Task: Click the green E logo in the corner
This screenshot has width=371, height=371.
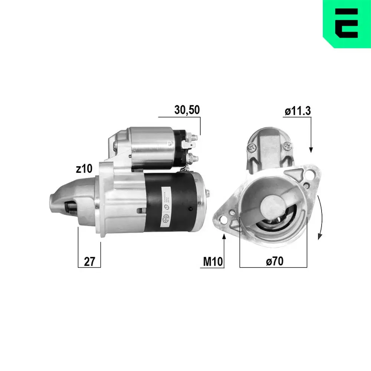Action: click(x=347, y=23)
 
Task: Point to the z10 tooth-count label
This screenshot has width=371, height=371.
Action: click(x=84, y=169)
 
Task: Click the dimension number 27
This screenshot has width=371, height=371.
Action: click(x=89, y=262)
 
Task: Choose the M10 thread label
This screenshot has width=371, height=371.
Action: click(x=213, y=262)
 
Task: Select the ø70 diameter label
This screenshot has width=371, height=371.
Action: click(x=275, y=262)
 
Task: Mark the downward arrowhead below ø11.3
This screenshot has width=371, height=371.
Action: click(x=311, y=149)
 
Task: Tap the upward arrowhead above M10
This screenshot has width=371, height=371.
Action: click(x=224, y=237)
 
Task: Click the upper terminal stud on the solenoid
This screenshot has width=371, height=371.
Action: click(x=194, y=138)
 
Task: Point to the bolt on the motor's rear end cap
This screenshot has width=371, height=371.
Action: click(x=208, y=193)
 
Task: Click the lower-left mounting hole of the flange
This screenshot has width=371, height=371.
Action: click(x=223, y=219)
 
